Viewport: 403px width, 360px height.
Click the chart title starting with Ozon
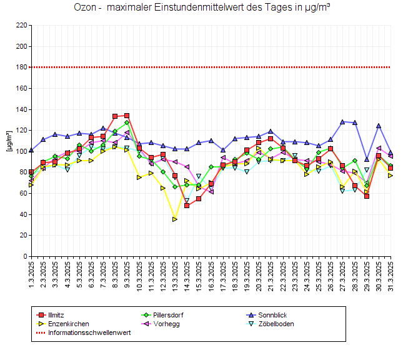tap(202, 8)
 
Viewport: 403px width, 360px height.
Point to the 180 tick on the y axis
tap(21, 67)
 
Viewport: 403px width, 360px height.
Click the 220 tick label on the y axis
tap(21, 26)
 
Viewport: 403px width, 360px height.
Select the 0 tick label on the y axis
tap(24, 256)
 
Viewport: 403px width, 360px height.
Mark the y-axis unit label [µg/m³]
tap(9, 141)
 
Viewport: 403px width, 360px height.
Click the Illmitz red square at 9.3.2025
tap(127, 116)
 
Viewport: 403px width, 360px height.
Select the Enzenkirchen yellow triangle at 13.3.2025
tap(175, 219)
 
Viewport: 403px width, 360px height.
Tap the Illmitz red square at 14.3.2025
tap(187, 206)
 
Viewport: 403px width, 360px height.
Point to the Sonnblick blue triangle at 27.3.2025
tap(343, 122)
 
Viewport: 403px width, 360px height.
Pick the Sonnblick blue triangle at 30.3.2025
tap(379, 126)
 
